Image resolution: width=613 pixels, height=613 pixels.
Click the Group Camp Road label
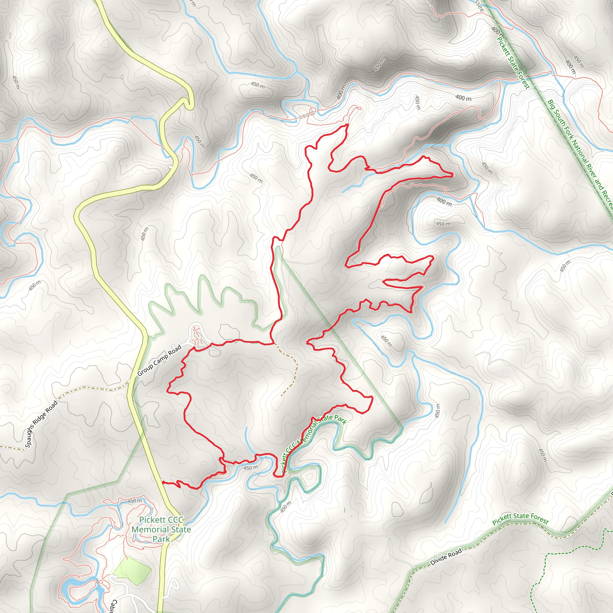click(159, 360)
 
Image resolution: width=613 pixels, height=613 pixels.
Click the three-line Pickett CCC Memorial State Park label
click(161, 529)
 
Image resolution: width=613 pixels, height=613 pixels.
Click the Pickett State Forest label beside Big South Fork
click(513, 63)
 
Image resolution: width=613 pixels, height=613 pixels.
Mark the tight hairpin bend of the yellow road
click(189, 101)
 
